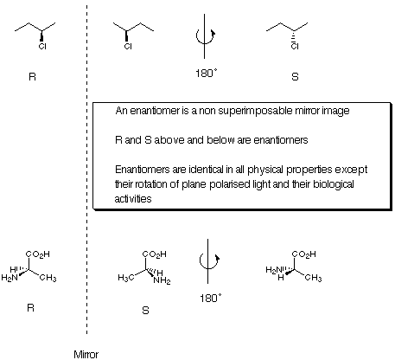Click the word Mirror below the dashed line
tap(86, 355)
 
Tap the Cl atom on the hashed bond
tap(295, 46)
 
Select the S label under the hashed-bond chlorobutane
tap(295, 76)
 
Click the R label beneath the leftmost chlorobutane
tap(32, 76)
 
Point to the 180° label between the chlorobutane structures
tap(206, 73)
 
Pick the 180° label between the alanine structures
tap(211, 298)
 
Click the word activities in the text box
tap(133, 199)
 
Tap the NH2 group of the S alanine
tap(162, 280)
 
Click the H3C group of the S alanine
tap(126, 278)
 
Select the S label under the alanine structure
tap(145, 311)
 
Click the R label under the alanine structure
tap(30, 308)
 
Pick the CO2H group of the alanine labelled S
tap(155, 254)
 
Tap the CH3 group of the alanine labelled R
tap(48, 278)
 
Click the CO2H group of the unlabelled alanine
tap(304, 254)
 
